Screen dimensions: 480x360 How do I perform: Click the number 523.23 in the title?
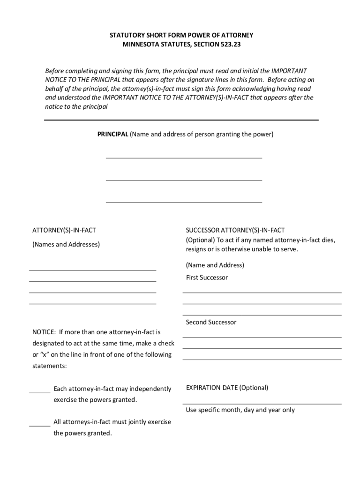[x=231, y=45]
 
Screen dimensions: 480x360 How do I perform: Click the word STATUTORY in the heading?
[x=127, y=35]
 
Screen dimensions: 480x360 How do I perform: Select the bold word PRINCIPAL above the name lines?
[x=112, y=134]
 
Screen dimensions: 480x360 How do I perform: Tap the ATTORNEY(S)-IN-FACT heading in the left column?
[x=64, y=230]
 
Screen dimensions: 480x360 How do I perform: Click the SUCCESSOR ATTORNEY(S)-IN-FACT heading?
[x=235, y=230]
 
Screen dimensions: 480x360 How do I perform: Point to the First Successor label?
[x=207, y=277]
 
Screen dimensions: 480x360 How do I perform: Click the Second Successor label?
[x=211, y=322]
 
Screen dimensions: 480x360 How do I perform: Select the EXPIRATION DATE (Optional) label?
[x=227, y=388]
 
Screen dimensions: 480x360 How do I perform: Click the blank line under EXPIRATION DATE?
[x=262, y=403]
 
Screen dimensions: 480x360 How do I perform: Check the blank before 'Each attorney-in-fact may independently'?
[x=40, y=392]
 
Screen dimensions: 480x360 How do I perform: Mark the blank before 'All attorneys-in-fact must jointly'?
[x=40, y=425]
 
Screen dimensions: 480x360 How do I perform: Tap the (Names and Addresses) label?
[x=66, y=244]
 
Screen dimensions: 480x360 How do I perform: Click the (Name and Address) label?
[x=215, y=265]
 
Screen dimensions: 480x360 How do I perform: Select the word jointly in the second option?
[x=137, y=422]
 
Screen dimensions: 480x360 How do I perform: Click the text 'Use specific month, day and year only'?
[x=240, y=410]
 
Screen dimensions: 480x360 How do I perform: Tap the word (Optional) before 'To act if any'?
[x=200, y=240]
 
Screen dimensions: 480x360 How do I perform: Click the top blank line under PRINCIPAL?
[x=184, y=157]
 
